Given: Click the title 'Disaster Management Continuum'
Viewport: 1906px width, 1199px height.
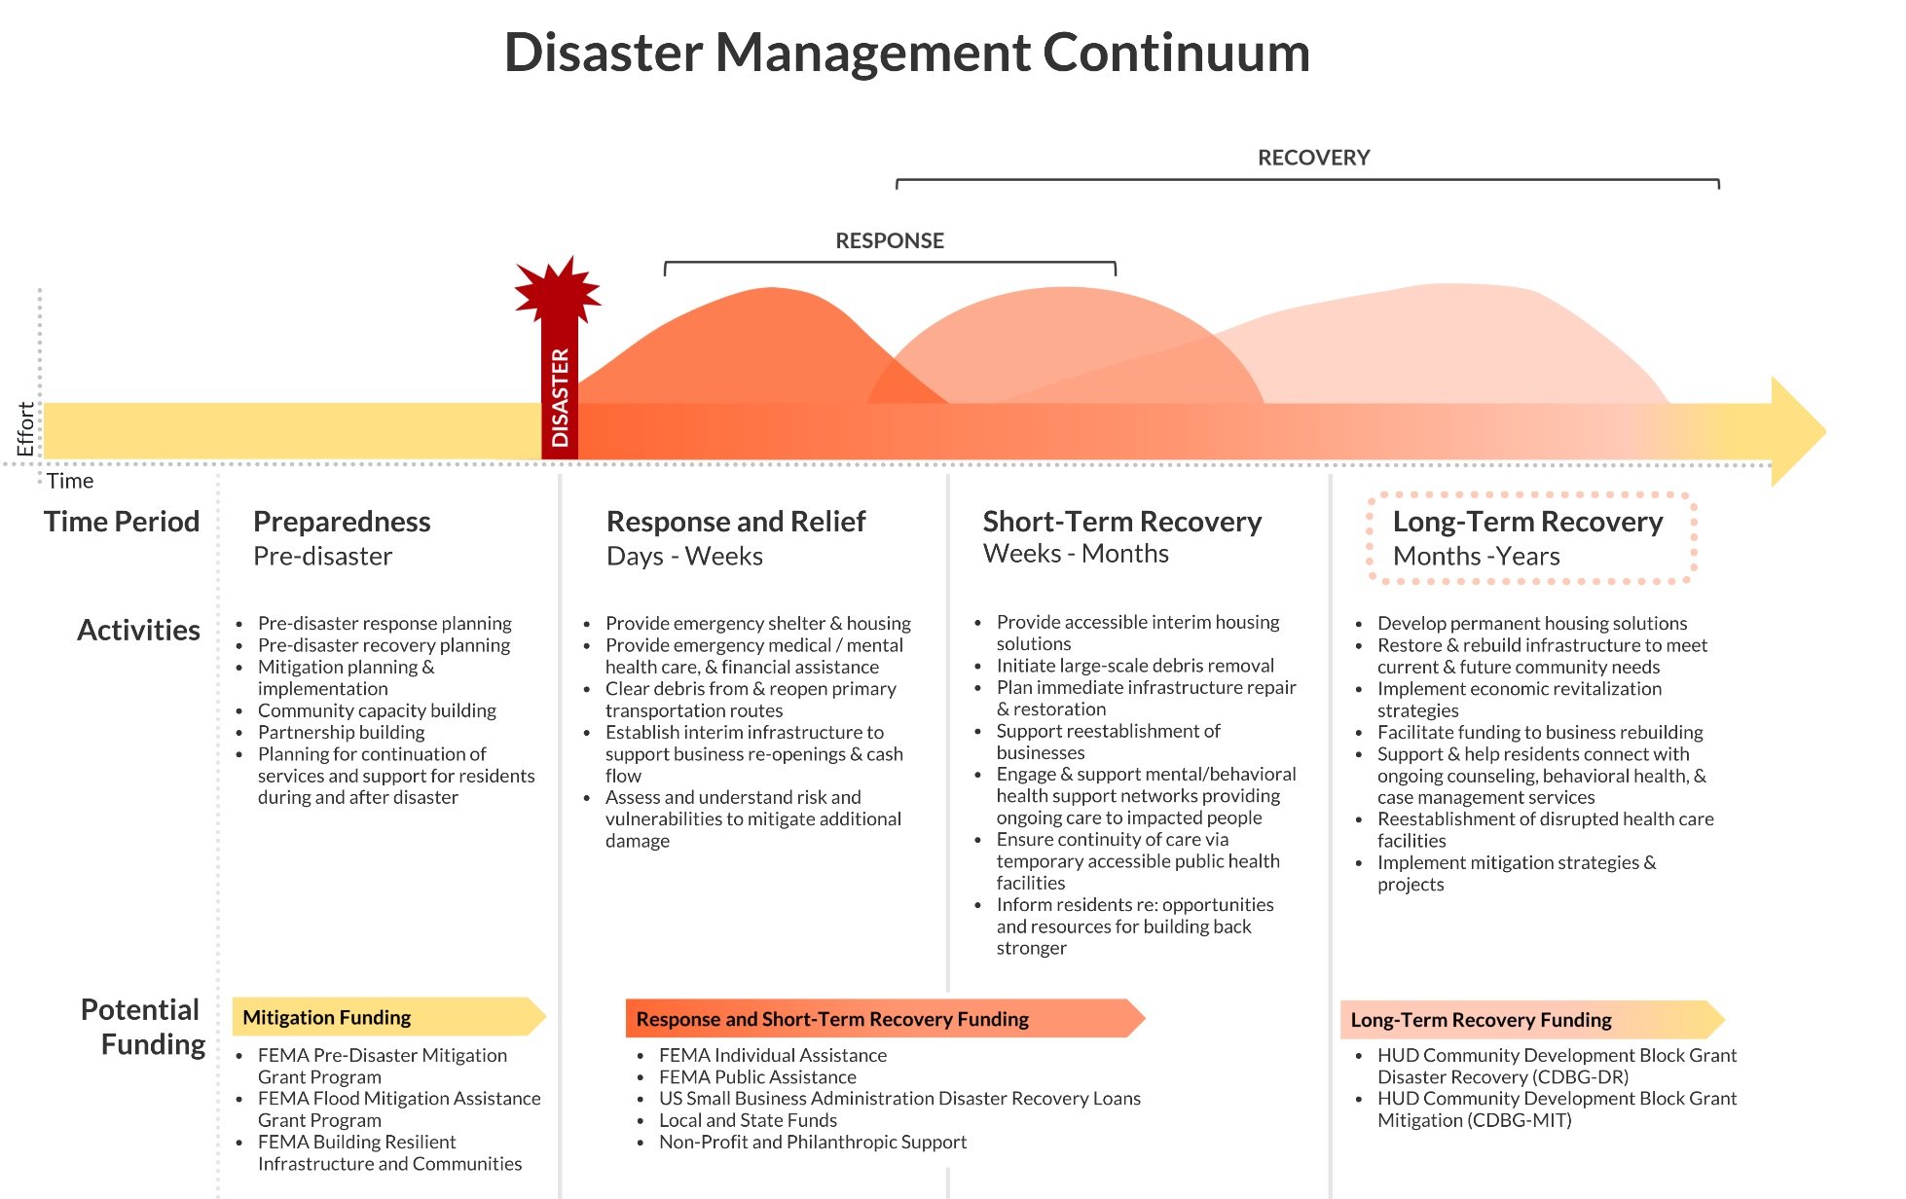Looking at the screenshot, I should pyautogui.click(x=906, y=53).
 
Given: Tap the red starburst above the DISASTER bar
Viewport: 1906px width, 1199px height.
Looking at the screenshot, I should pyautogui.click(x=558, y=290).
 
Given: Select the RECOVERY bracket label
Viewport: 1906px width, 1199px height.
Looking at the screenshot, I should pyautogui.click(x=1313, y=158).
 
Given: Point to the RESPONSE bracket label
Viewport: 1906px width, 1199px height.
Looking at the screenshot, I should pyautogui.click(x=889, y=240).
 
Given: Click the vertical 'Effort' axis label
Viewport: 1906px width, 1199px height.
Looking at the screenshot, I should pyautogui.click(x=25, y=428).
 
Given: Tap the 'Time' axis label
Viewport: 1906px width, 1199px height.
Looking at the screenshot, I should pyautogui.click(x=70, y=481).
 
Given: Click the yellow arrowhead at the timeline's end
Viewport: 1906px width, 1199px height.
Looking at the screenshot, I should pyautogui.click(x=1796, y=431).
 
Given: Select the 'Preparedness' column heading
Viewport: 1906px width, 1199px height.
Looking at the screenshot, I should pyautogui.click(x=342, y=522).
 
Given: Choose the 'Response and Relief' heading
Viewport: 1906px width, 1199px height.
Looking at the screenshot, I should pyautogui.click(x=735, y=522).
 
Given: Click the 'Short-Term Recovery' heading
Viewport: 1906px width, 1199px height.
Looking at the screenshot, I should pyautogui.click(x=1121, y=522).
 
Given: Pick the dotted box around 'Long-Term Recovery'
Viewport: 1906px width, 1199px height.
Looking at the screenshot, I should pyautogui.click(x=1531, y=538).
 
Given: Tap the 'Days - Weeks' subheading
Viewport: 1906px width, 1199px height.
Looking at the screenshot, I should pyautogui.click(x=684, y=557).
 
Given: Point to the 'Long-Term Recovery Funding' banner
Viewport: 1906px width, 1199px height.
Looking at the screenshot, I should pyautogui.click(x=1529, y=1020).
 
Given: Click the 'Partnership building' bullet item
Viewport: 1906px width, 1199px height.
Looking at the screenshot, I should pyautogui.click(x=341, y=732).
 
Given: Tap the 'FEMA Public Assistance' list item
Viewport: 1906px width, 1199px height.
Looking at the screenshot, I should pyautogui.click(x=757, y=1077).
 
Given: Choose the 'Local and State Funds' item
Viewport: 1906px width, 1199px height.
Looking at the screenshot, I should pyautogui.click(x=748, y=1120).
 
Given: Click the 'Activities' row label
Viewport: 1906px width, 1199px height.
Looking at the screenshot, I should pyautogui.click(x=138, y=630).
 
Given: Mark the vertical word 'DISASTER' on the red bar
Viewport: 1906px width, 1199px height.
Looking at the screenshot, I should pyautogui.click(x=560, y=398).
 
